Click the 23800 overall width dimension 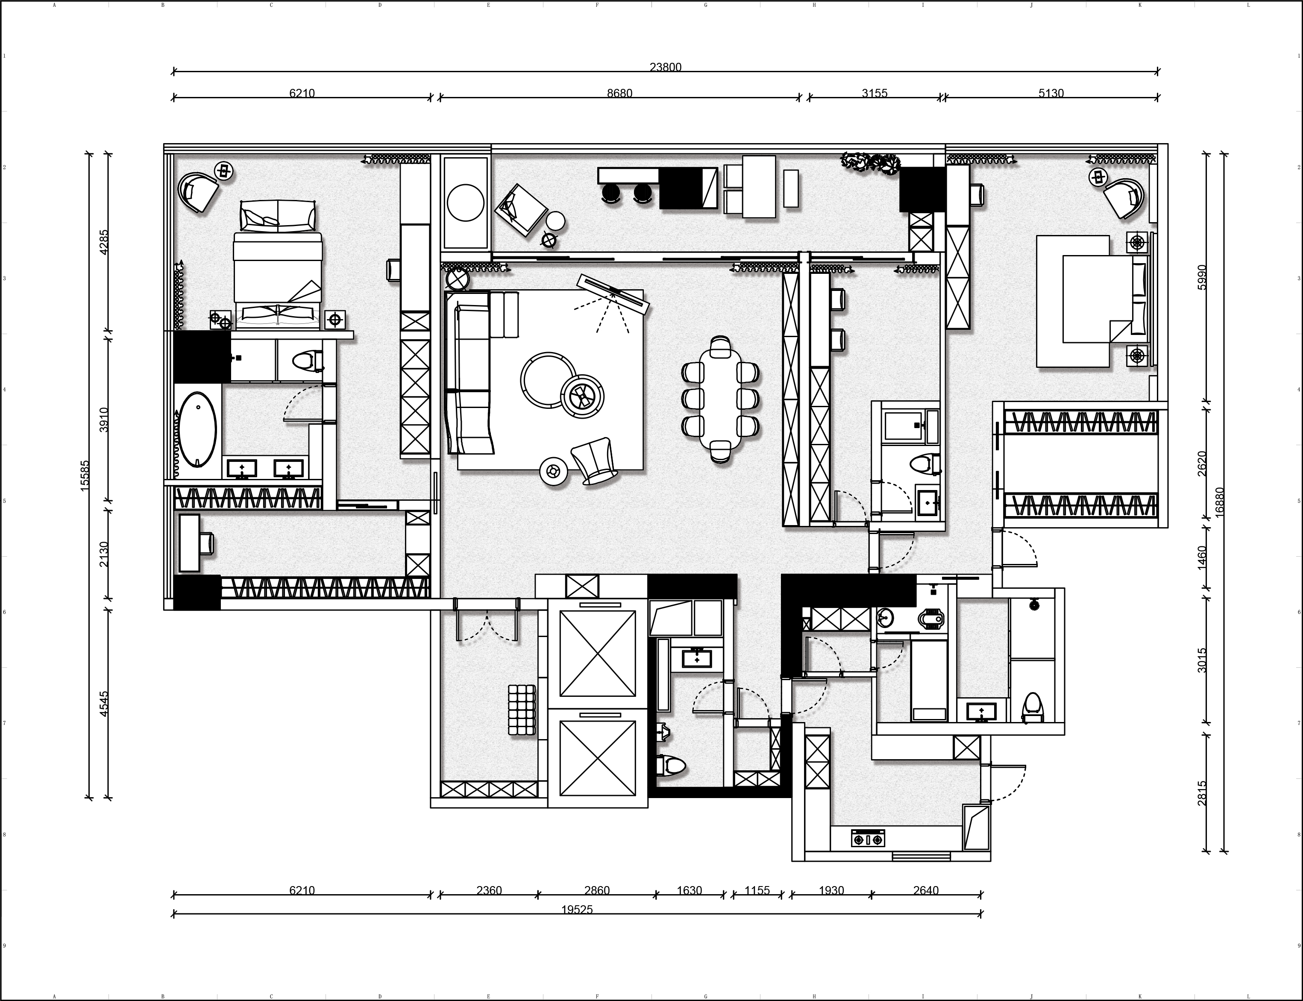click(666, 68)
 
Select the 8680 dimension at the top click(619, 93)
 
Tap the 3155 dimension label click(875, 93)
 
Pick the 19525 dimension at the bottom click(577, 910)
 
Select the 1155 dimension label click(757, 891)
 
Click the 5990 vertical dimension click(1202, 277)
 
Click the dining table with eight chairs click(720, 399)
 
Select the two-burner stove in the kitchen click(868, 838)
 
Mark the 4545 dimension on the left click(104, 704)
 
